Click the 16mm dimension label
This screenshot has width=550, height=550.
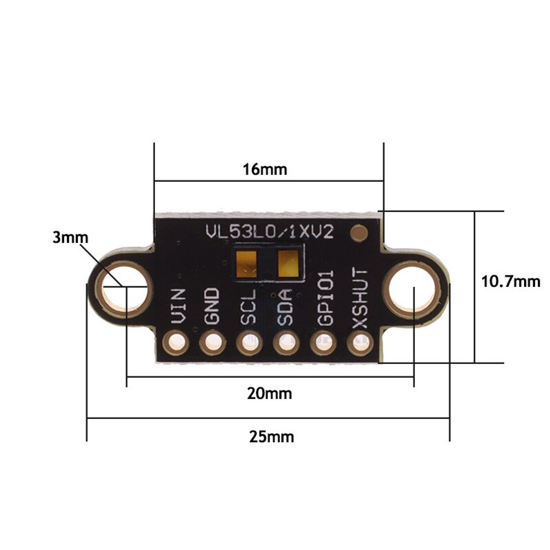coord(265,169)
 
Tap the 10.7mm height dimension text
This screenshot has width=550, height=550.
coord(510,282)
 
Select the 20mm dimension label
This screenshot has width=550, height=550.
coord(269,393)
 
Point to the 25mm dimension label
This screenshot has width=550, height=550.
coord(272,437)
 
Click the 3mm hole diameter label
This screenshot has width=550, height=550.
coord(70,238)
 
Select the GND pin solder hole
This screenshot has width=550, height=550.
coord(212,343)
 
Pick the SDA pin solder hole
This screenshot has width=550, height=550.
coord(285,343)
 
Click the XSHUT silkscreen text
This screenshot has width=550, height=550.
coord(360,299)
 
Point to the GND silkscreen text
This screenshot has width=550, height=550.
coord(212,306)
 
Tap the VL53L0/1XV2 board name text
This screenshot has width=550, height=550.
coord(269,232)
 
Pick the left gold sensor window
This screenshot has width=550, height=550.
coord(247,264)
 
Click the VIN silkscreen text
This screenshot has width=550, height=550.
coord(178,306)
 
